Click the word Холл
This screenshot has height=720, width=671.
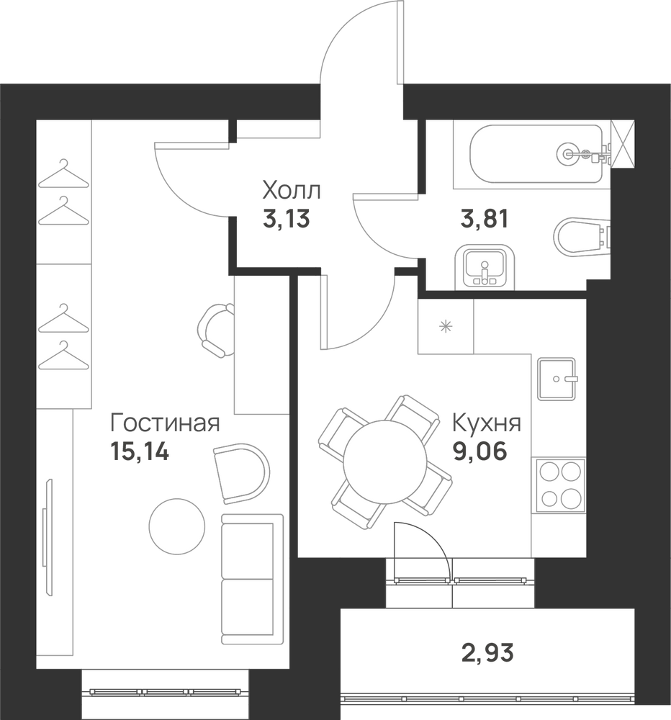291,191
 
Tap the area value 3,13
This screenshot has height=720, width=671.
287,219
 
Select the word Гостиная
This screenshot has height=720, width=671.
166,424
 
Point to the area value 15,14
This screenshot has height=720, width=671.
140,451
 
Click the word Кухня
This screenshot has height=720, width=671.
487,423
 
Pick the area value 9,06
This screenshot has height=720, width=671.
480,451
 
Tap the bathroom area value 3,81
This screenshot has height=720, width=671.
485,219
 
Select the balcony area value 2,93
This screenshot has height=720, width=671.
487,652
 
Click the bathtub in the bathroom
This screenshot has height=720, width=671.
536,154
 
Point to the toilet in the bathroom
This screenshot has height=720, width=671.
582,235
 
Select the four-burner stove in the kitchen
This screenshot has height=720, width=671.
559,485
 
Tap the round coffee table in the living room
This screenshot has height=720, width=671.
177,526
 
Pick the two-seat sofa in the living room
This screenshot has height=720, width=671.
252,579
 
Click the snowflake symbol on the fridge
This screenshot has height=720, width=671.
446,327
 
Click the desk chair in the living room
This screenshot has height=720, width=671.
216,330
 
